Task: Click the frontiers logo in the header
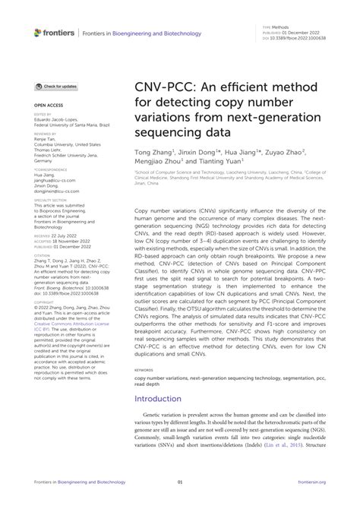[x=54, y=33]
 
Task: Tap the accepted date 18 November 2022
[x=71, y=242]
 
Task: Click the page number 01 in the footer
[x=180, y=482]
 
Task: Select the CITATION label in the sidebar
[x=41, y=255]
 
